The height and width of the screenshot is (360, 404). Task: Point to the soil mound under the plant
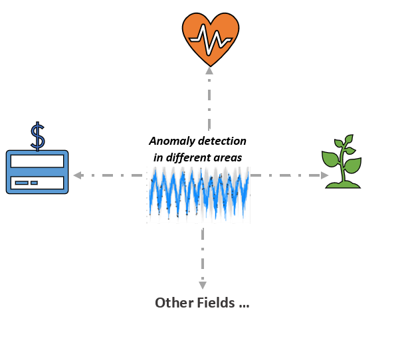pyautogui.click(x=343, y=183)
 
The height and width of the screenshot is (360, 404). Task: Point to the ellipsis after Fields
pyautogui.click(x=243, y=304)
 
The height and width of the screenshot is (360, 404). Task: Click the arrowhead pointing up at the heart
pyautogui.click(x=209, y=70)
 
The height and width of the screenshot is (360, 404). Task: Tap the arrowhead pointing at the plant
pyautogui.click(x=324, y=175)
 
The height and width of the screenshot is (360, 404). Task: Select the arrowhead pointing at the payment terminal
pyautogui.click(x=78, y=175)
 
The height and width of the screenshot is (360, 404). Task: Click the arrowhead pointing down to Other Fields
pyautogui.click(x=203, y=284)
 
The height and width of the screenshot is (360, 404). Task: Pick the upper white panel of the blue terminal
pyautogui.click(x=37, y=161)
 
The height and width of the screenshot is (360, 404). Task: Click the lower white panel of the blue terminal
pyautogui.click(x=37, y=183)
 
